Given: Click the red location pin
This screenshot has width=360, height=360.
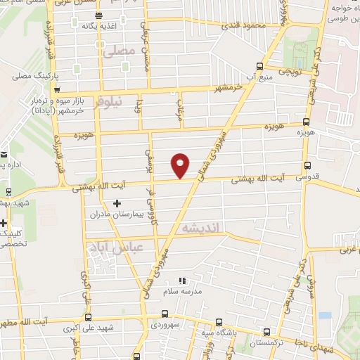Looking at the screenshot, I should pyautogui.click(x=180, y=165).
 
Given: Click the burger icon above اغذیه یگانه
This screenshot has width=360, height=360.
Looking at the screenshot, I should pyautogui.click(x=98, y=15).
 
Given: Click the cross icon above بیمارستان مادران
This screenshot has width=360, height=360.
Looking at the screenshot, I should pyautogui.click(x=117, y=203).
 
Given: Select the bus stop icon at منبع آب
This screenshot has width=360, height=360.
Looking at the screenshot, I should pyautogui.click(x=259, y=67).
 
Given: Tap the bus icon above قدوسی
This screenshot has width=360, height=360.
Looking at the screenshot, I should pyautogui.click(x=307, y=166).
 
